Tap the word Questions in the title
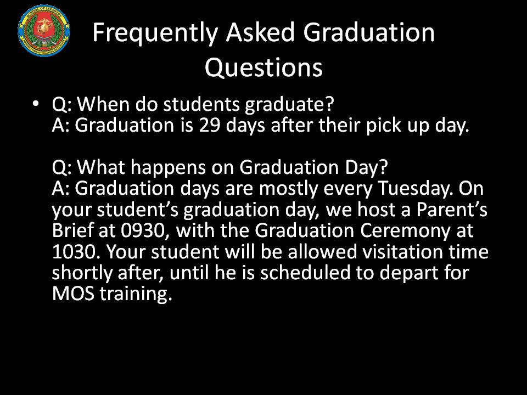point(263,67)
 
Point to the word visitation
point(382,252)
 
